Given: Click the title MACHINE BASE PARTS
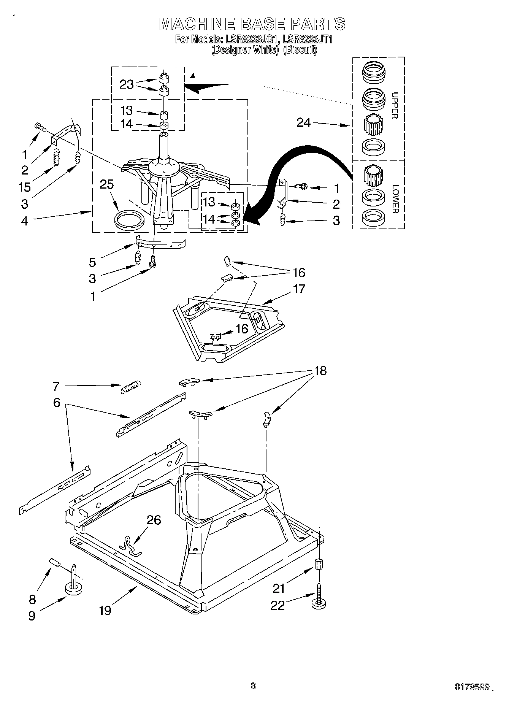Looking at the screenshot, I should point(252,24).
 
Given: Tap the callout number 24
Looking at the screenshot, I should point(303,122).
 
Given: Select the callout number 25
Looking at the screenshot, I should point(107,184).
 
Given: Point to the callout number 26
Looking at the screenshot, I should point(154,520).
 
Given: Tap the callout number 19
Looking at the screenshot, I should point(105,611).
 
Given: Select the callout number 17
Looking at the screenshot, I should point(299,289).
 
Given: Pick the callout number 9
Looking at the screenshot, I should point(32,616).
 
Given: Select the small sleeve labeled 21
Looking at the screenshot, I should point(319,563).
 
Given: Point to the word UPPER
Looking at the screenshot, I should point(394,105).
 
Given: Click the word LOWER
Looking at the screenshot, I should point(395,199).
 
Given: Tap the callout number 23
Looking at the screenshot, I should point(127,84).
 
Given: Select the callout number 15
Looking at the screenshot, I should point(25,187).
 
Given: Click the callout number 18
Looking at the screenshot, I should point(320,370).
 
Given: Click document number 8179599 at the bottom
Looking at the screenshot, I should point(471,687).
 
